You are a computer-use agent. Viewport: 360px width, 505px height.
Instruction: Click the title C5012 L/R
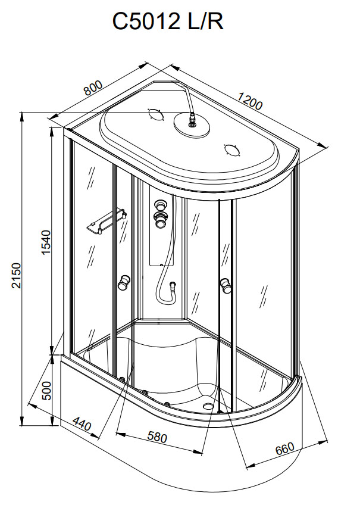click(x=168, y=21)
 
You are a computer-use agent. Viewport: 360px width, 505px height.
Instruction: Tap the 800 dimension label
click(x=93, y=88)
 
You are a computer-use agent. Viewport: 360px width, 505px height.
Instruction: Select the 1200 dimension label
click(x=251, y=100)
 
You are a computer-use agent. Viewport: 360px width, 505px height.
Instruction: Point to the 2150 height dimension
click(x=16, y=275)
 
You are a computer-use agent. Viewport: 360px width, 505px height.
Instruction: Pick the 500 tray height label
click(x=46, y=390)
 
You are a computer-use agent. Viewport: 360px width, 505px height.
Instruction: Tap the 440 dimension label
click(x=82, y=424)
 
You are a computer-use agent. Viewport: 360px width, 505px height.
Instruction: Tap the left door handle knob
click(x=123, y=282)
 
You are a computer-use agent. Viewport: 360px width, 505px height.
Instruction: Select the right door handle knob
click(x=226, y=285)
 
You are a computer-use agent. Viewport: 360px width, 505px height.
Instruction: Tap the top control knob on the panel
click(x=160, y=204)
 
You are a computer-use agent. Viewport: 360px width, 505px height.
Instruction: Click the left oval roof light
click(x=155, y=114)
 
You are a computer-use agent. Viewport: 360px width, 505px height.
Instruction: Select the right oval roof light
click(x=232, y=149)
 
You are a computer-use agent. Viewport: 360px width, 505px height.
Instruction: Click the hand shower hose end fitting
click(x=173, y=285)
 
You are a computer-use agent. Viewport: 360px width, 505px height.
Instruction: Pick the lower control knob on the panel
click(x=159, y=220)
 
